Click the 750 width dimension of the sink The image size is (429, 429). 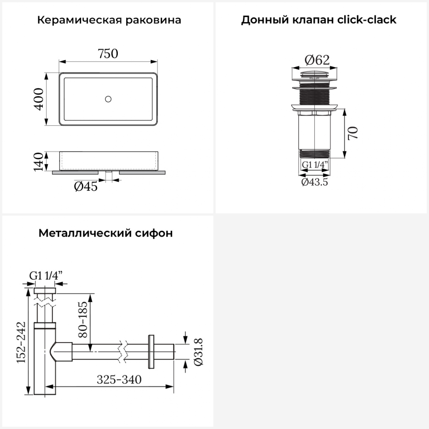tap(108, 53)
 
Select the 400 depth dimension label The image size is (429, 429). tap(39, 99)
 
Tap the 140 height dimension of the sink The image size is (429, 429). tap(38, 162)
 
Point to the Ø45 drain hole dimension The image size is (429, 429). tap(86, 187)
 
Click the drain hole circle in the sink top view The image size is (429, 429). tap(108, 99)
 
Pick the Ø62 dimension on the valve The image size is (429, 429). tap(317, 60)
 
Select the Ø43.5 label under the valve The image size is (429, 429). tap(315, 182)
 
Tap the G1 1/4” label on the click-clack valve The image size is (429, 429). tap(315, 165)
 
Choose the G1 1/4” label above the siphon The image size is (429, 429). tap(46, 276)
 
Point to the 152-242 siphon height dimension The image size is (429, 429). tap(21, 342)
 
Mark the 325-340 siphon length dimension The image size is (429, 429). tap(119, 380)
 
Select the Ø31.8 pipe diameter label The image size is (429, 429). tap(198, 351)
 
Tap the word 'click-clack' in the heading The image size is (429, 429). tap(367, 20)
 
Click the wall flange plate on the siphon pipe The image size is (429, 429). tap(151, 351)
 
